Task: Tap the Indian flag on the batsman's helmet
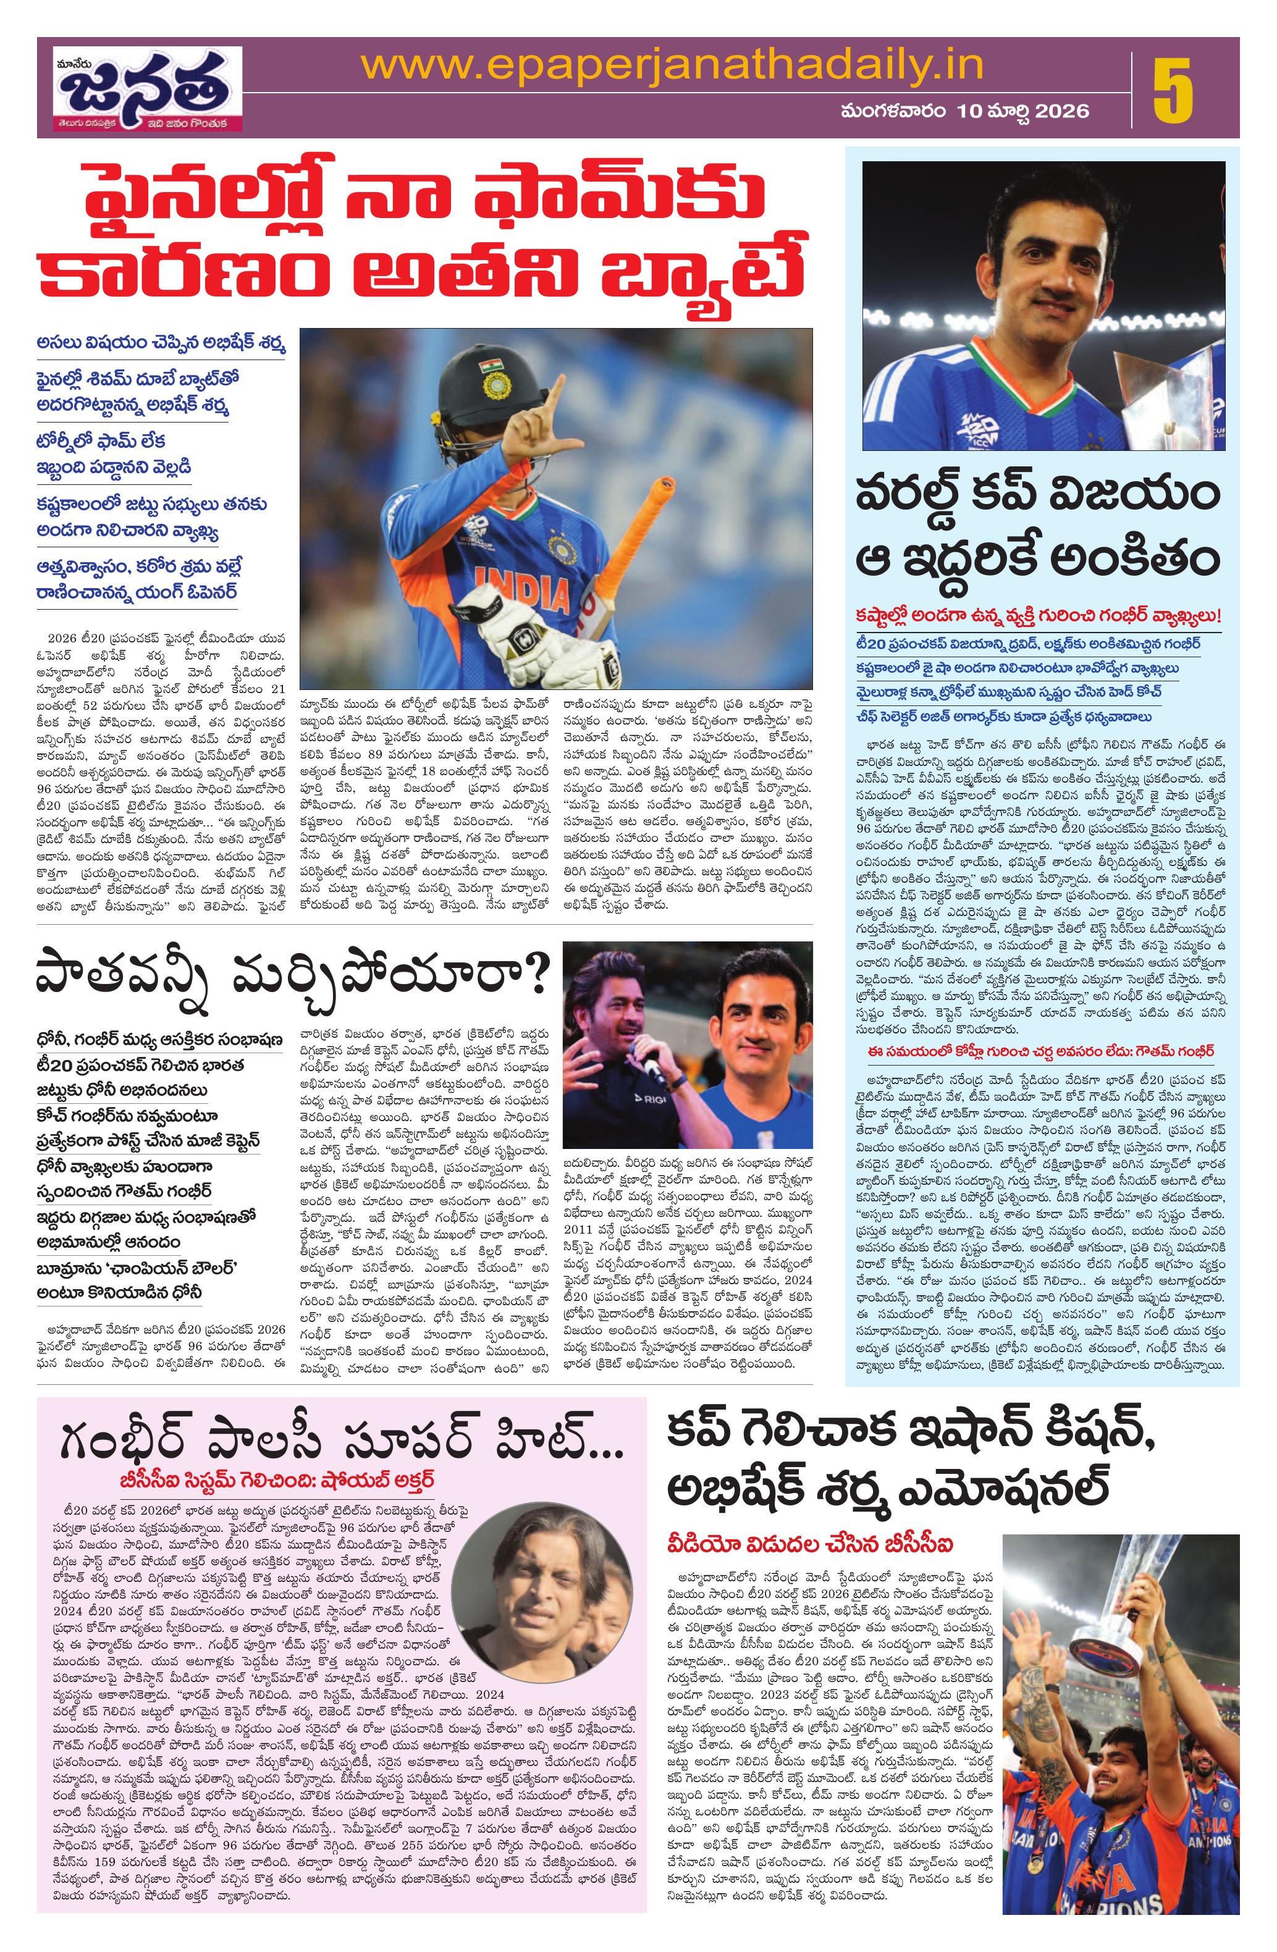tap(491, 363)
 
